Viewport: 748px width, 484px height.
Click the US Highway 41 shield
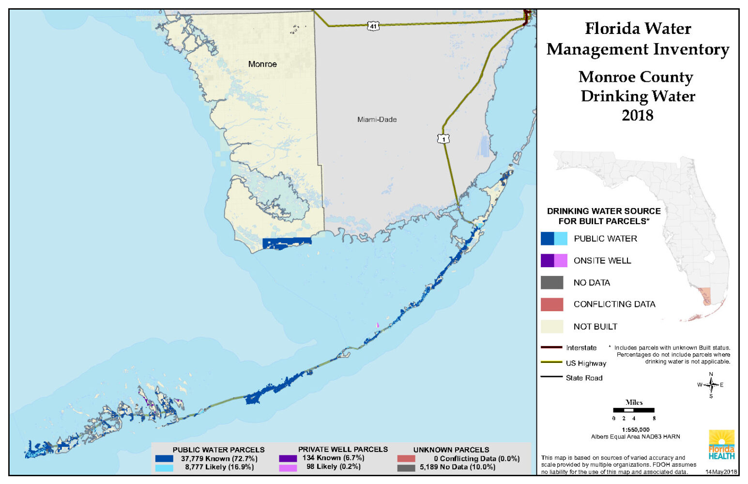[x=373, y=26]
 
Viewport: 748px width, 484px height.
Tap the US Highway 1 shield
[x=443, y=139]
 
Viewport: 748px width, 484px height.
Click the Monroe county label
[x=262, y=64]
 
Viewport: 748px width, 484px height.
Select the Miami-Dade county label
[x=377, y=120]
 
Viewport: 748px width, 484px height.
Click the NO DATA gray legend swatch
[x=552, y=283]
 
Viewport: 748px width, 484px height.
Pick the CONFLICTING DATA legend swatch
[x=552, y=304]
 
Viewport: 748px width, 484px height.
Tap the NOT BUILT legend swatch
[x=552, y=327]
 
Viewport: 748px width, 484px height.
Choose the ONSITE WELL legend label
[x=602, y=261]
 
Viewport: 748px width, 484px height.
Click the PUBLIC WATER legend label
[x=605, y=239]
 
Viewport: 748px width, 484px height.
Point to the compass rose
[x=711, y=385]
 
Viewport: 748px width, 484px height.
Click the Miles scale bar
[x=634, y=410]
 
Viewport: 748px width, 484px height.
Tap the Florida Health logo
[x=721, y=445]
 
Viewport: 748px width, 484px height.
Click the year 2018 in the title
[x=637, y=115]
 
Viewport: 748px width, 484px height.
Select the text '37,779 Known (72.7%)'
[x=219, y=458]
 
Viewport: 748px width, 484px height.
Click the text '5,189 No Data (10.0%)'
[x=458, y=467]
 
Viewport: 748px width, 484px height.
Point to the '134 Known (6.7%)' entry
[x=333, y=458]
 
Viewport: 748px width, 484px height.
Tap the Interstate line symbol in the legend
[x=551, y=348]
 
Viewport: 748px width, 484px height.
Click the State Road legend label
[x=584, y=378]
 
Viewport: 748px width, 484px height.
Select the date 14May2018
[x=720, y=472]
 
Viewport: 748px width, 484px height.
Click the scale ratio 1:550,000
[x=636, y=430]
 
